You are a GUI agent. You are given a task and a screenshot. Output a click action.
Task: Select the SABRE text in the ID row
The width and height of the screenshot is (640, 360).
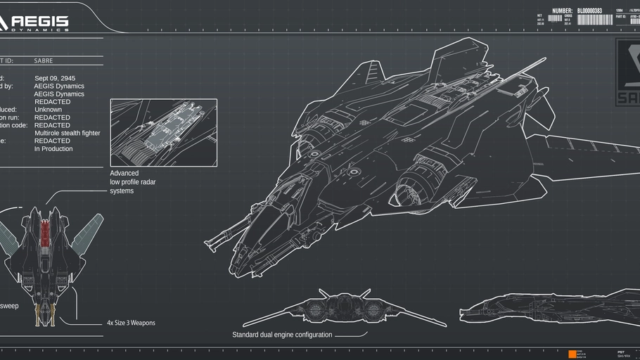click(x=44, y=61)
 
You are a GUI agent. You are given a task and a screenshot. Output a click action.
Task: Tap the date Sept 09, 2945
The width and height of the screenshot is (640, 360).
click(x=55, y=78)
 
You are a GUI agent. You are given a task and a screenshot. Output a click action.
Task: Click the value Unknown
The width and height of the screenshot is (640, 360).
click(x=48, y=110)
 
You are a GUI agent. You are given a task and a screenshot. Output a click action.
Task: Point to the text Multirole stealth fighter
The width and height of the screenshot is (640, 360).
click(x=68, y=133)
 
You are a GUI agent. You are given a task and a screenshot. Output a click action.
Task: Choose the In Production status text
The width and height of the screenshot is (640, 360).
click(x=53, y=149)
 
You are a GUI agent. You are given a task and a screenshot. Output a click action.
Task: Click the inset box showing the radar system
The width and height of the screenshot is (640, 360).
click(x=163, y=132)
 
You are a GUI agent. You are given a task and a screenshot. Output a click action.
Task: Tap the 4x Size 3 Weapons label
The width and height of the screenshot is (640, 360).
click(x=131, y=323)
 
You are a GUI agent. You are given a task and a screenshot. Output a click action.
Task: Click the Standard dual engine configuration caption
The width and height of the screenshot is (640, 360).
click(x=282, y=335)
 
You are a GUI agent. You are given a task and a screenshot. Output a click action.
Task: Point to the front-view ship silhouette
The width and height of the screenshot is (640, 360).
click(x=344, y=307)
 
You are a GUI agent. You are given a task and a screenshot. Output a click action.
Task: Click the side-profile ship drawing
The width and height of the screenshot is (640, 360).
click(x=549, y=308)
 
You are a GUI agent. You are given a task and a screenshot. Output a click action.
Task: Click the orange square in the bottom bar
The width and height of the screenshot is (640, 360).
click(x=572, y=354)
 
